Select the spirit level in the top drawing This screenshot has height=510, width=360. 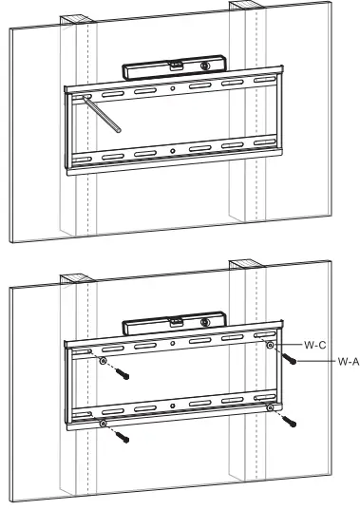tap(172, 70)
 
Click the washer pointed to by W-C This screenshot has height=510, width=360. tap(272, 348)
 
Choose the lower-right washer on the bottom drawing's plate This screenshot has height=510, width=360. tap(272, 409)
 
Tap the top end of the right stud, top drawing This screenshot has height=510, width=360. tap(243, 9)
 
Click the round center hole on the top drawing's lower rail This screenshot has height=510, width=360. tap(172, 151)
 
